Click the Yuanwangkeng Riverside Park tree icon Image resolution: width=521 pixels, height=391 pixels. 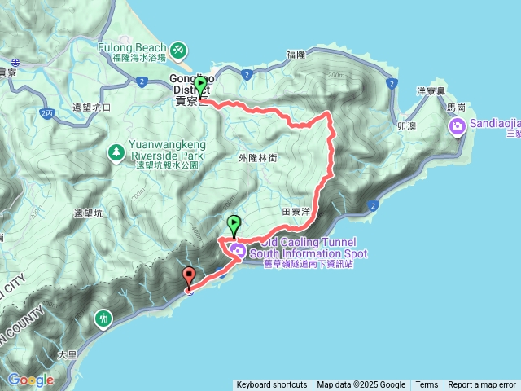pos(116,152)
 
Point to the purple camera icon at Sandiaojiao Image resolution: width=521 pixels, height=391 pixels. pos(457,125)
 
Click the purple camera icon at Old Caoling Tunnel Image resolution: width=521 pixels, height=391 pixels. pos(237,249)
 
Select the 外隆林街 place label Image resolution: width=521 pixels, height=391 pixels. pos(258,158)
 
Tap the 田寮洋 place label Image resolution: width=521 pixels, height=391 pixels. pos(296,211)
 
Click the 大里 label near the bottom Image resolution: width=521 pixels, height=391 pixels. pos(67,355)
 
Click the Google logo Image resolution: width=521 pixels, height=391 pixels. pos(30,380)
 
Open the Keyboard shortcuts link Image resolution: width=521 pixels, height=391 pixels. pos(272,385)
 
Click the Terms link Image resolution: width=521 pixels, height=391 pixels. pos(427,385)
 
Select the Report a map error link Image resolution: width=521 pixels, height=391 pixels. pos(482,385)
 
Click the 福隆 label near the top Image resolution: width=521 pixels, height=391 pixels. pos(296,54)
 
